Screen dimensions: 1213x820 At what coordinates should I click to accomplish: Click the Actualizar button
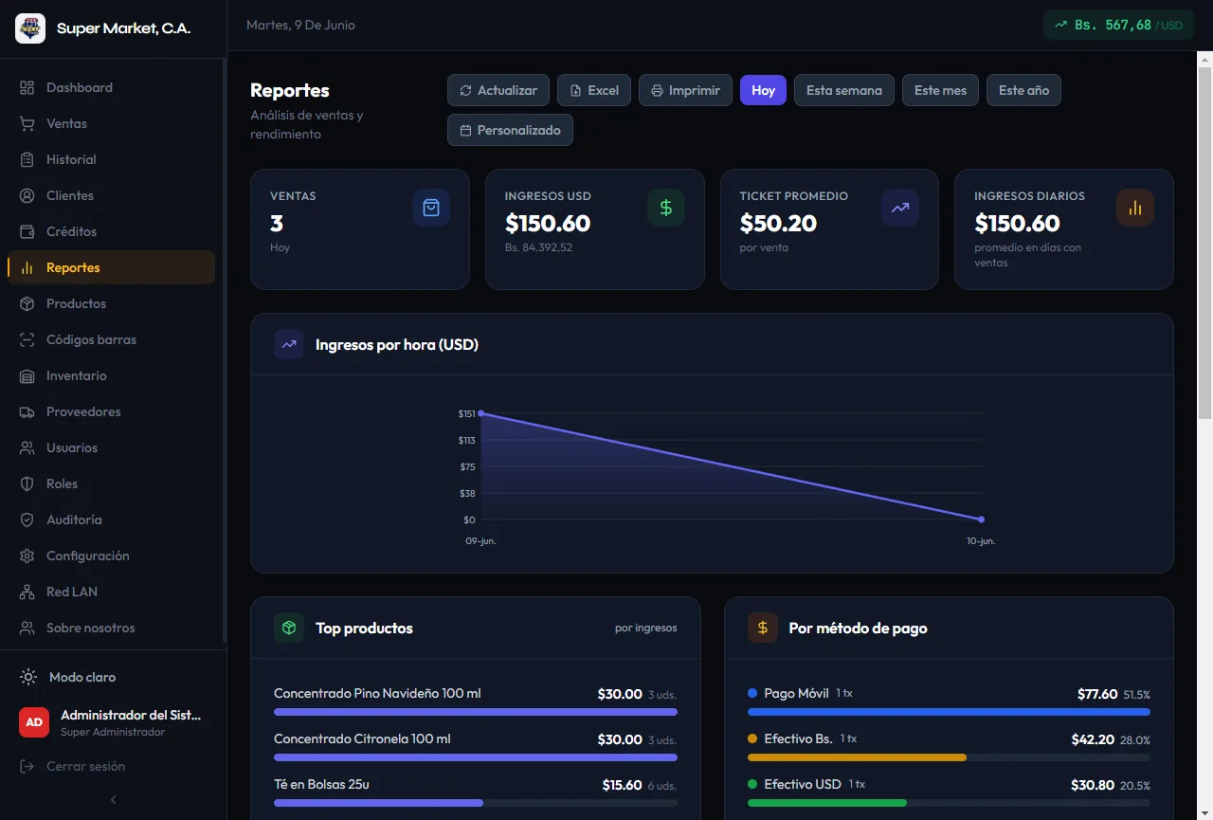(498, 90)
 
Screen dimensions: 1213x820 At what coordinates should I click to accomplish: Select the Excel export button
(594, 90)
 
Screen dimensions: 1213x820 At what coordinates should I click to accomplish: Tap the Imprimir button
(685, 90)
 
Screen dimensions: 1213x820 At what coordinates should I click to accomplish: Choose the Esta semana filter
(843, 90)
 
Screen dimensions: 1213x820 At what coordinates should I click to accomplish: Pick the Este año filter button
(1023, 90)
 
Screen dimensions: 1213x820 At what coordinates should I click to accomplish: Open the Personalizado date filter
(510, 130)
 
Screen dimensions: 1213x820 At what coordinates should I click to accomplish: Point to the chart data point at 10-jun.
(981, 519)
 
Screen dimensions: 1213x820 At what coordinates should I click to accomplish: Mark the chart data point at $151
(480, 413)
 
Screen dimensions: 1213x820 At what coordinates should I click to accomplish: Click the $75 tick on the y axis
(467, 466)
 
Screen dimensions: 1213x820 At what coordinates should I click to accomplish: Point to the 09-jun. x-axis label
(480, 540)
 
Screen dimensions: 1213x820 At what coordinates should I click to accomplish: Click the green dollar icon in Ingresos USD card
(665, 208)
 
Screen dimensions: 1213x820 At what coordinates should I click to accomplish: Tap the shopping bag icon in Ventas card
(431, 208)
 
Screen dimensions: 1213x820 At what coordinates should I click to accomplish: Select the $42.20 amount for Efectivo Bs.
(1093, 739)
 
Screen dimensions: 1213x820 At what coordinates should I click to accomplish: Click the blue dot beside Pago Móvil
(752, 693)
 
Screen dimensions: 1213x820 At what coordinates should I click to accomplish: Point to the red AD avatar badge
(34, 722)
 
